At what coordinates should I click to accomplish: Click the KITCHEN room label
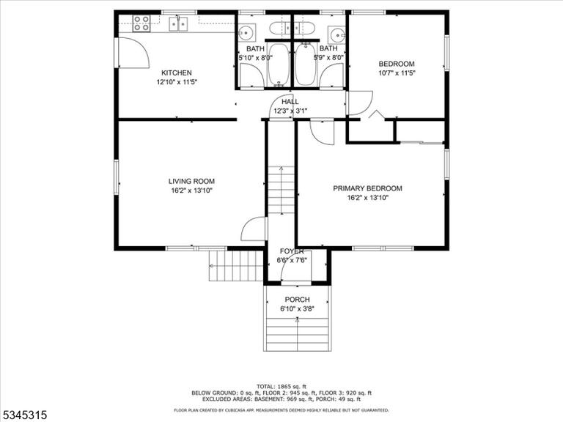[176, 73]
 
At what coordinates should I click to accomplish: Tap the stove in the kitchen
[141, 23]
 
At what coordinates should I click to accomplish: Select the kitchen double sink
[178, 23]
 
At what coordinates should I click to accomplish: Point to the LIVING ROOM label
[192, 181]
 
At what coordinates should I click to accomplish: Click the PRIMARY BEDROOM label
[368, 188]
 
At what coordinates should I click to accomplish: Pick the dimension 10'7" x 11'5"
[397, 73]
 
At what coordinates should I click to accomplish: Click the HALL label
[290, 102]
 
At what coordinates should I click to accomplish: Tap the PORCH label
[298, 299]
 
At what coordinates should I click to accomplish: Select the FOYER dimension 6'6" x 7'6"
[292, 260]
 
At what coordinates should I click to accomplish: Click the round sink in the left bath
[246, 33]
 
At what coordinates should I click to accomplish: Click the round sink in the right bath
[336, 34]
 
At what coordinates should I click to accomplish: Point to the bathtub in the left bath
[279, 64]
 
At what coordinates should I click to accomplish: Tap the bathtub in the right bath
[306, 64]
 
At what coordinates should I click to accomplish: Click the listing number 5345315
[23, 415]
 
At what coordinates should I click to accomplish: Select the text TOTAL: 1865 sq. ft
[281, 387]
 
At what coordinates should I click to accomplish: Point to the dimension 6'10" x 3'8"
[298, 308]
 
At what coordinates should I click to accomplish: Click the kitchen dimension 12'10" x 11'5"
[177, 82]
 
